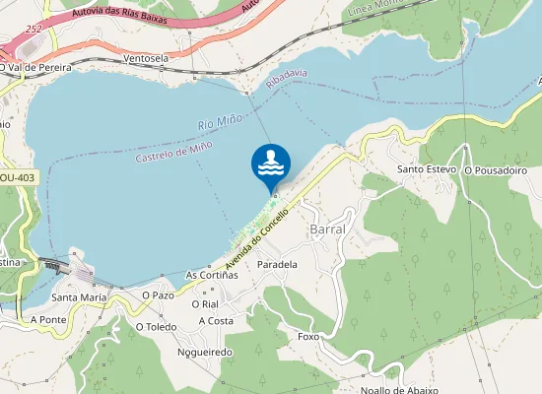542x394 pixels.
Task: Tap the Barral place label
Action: pos(327,229)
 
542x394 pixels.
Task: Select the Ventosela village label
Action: pos(147,58)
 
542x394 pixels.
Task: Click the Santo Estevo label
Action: pos(426,169)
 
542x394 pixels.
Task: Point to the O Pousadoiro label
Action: pos(496,170)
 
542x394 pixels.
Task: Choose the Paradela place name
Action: pos(277,265)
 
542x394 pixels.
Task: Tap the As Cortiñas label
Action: pos(212,275)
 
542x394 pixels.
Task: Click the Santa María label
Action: pos(79,296)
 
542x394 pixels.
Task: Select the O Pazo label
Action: pos(158,295)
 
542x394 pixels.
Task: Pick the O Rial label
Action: pos(204,304)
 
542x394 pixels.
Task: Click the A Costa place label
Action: pos(215,320)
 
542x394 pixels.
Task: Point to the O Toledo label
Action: pos(156,326)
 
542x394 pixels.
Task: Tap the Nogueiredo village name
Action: pos(204,352)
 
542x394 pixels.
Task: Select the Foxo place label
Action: pos(308,337)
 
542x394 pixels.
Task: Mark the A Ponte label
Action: pos(47,320)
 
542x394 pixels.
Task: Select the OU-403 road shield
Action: pos(17,177)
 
